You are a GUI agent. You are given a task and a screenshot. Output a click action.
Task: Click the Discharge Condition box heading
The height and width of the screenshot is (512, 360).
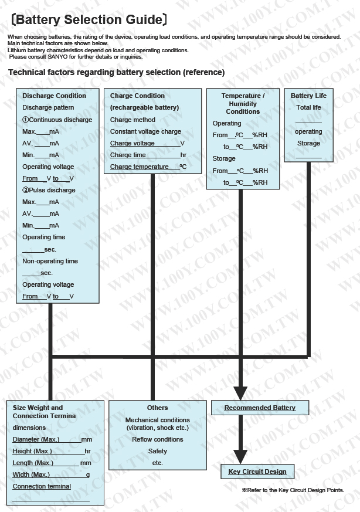click(54, 96)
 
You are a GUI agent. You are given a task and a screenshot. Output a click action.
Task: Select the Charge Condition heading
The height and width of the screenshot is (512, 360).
click(137, 96)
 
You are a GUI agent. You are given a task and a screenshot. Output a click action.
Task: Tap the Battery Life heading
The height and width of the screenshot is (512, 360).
click(308, 96)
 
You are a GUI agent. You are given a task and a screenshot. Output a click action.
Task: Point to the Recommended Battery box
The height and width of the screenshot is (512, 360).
click(260, 408)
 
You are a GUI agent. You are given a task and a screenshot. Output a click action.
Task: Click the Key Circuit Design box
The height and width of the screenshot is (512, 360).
click(257, 472)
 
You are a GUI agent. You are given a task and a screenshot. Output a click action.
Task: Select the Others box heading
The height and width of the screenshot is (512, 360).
click(157, 408)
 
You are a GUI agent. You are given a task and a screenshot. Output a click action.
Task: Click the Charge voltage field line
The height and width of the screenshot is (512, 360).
click(147, 143)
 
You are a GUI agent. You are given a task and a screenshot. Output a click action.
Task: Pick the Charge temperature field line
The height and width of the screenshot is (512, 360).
click(148, 167)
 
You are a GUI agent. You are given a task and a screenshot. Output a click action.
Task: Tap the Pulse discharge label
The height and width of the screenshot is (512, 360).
click(49, 190)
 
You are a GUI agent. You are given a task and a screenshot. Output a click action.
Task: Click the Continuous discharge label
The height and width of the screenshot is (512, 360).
click(57, 120)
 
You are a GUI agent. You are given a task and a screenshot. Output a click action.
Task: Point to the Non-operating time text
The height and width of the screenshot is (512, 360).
click(50, 261)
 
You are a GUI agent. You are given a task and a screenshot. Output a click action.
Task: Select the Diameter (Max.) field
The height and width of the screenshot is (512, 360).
click(52, 439)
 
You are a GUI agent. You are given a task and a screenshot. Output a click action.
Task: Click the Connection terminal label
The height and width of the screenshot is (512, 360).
click(42, 486)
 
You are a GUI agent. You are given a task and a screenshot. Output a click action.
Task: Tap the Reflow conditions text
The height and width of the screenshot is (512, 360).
click(157, 439)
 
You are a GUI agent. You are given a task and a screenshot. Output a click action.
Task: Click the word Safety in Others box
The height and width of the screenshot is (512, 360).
click(157, 451)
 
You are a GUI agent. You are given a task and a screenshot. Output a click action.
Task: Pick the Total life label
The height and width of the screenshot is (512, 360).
click(308, 107)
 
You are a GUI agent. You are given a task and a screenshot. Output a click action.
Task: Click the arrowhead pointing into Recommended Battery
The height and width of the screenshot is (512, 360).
click(240, 393)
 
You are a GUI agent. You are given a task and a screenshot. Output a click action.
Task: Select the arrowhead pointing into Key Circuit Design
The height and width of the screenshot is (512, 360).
click(240, 456)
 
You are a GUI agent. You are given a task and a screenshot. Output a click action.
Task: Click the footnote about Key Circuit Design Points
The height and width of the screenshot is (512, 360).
click(293, 490)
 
